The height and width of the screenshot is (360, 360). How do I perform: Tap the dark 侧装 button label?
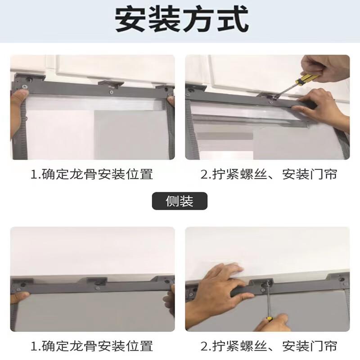[x=180, y=201]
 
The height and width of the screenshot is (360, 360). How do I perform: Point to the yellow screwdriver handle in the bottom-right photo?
[x=269, y=319]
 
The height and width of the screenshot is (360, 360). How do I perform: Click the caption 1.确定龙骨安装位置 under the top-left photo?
[x=92, y=174]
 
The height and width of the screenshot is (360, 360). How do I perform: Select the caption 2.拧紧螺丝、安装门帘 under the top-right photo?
[x=269, y=174]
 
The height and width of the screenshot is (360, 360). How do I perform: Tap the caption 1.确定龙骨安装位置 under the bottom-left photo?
[x=92, y=346]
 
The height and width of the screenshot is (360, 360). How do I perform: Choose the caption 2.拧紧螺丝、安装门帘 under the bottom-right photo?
[x=269, y=346]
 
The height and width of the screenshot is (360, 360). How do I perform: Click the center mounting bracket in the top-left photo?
[x=111, y=84]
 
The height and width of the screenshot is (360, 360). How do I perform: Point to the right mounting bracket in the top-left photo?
[x=166, y=88]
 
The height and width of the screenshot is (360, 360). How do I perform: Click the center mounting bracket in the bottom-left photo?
[x=97, y=281]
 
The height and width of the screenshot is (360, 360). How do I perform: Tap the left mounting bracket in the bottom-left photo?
[x=22, y=282]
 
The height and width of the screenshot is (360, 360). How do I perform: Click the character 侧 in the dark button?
[x=172, y=201]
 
